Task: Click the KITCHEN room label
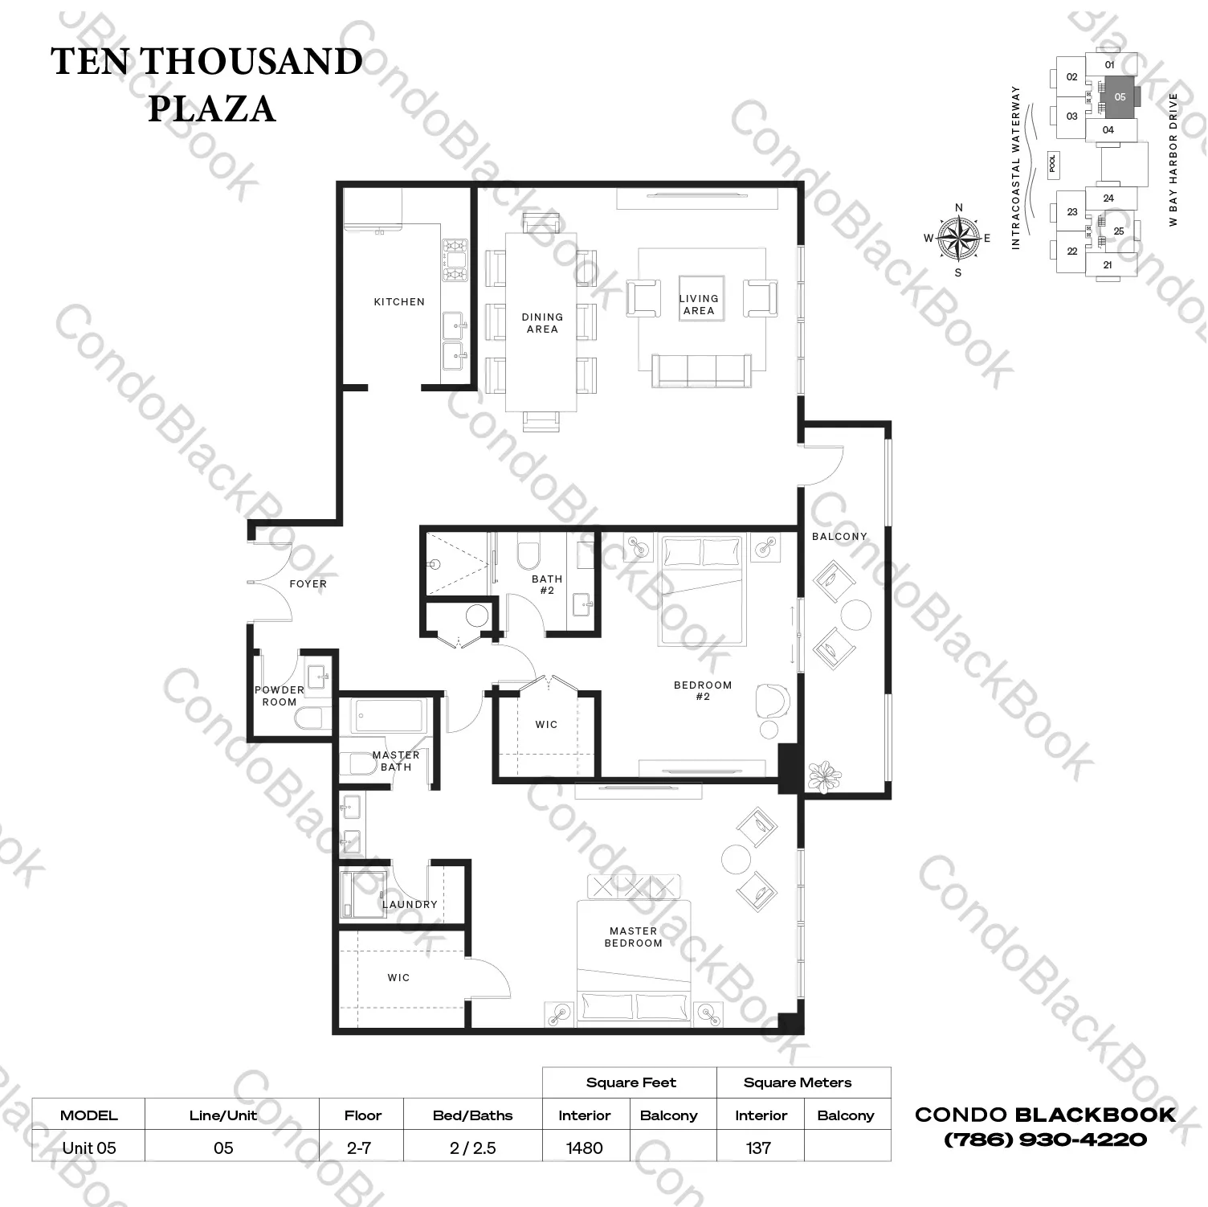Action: coord(399,302)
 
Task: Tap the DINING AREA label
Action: coord(542,323)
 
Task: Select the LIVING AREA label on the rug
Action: coord(699,305)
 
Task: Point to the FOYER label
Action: coord(308,584)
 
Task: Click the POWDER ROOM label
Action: coord(280,696)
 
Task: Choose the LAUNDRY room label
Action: coord(410,904)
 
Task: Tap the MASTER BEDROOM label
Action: coord(634,937)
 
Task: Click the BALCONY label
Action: coord(839,537)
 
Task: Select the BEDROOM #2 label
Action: coord(703,691)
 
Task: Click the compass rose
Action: coord(958,238)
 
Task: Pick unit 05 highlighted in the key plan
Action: coord(1120,97)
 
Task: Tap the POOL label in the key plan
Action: coord(1053,163)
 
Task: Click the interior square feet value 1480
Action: coord(585,1148)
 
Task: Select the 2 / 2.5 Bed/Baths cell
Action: coord(473,1148)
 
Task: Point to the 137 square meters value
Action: coord(758,1148)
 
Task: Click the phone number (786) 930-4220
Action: coord(1045,1139)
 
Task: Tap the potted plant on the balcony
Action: coord(825,775)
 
